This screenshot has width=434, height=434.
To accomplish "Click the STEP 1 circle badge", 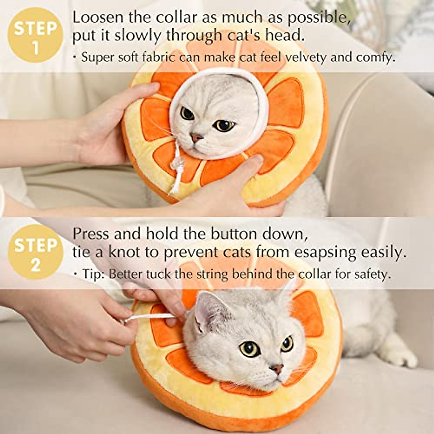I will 35,35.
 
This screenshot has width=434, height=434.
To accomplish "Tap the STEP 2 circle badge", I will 35,252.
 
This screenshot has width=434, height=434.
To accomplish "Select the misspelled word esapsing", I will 328,252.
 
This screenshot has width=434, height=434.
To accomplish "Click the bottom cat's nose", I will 277,369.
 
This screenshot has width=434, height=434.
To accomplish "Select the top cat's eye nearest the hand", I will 187,113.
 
